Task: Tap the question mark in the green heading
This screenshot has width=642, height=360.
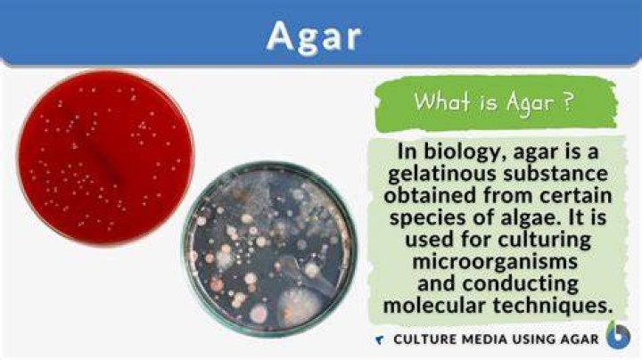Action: [567, 102]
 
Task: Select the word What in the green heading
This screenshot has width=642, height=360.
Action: [442, 101]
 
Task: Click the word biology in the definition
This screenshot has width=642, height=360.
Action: [462, 152]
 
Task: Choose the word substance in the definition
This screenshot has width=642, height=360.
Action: [556, 173]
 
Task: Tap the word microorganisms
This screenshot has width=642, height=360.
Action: [495, 261]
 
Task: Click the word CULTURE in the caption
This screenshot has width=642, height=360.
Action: [424, 340]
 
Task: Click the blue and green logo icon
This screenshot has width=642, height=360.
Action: [618, 335]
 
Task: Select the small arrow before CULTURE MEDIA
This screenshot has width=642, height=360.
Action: [380, 340]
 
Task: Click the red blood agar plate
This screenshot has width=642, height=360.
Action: [105, 158]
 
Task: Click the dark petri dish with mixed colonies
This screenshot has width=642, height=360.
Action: [269, 249]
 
